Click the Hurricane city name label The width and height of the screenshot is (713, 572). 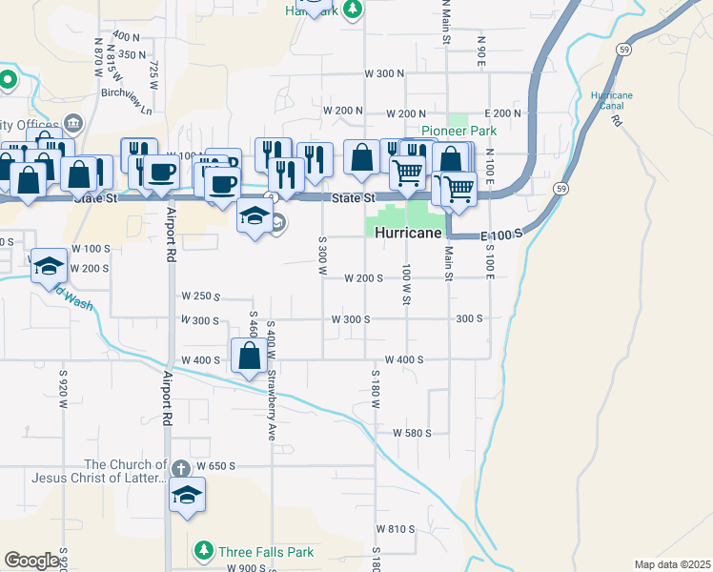click(410, 234)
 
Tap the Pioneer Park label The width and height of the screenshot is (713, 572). click(459, 132)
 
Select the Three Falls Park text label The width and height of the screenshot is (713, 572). click(266, 552)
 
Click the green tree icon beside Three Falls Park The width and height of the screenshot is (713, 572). click(203, 551)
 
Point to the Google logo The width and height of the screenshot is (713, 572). click(31, 560)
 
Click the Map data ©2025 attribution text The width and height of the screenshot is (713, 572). click(672, 564)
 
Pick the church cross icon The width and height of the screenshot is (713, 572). click(181, 467)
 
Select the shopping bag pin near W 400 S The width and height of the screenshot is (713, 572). click(250, 357)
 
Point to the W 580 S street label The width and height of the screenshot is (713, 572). click(412, 432)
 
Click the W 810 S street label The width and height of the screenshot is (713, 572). click(396, 528)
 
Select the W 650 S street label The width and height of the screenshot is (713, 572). click(214, 466)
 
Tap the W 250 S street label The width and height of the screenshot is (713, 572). click(200, 296)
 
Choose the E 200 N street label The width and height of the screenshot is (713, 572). click(502, 112)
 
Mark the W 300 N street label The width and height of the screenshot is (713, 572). click(383, 73)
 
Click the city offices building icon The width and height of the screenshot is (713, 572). click(73, 123)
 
